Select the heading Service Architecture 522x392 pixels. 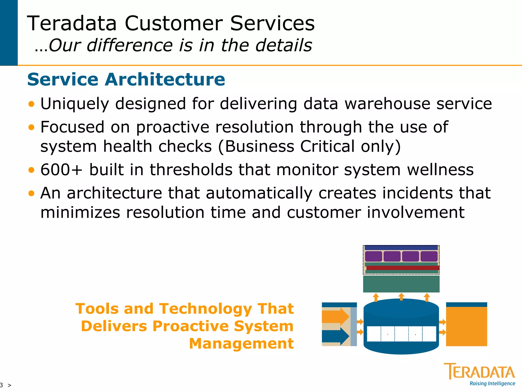(126, 79)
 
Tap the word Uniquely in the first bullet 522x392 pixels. (75, 104)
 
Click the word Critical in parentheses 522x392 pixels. (327, 146)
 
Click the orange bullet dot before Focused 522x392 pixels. (31, 127)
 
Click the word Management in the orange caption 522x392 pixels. (241, 344)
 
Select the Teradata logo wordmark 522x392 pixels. (479, 372)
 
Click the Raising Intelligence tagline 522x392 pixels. (492, 384)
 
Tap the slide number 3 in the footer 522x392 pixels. (2, 385)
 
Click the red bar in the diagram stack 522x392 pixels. (403, 268)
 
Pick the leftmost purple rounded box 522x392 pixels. (373, 256)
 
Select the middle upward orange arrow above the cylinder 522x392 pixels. (401, 297)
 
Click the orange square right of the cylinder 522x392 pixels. (466, 326)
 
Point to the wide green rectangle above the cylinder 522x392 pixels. (401, 284)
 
